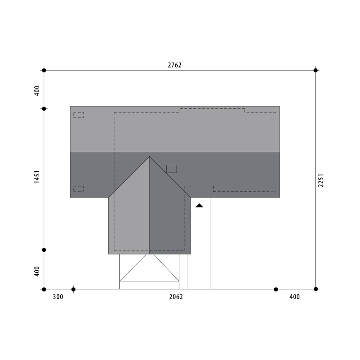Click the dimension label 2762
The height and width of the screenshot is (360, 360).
point(175,65)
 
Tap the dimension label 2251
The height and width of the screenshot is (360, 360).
point(321,180)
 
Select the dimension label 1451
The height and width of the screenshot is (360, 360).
point(37,177)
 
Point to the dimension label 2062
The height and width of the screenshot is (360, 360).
point(176,297)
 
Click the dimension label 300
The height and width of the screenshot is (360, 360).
point(58,297)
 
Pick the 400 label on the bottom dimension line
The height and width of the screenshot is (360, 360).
point(294,297)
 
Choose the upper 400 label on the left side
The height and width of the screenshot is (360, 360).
point(37,91)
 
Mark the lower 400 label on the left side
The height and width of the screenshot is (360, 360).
point(37,272)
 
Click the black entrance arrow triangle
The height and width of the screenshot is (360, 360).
point(199,206)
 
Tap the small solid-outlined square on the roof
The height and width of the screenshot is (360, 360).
point(172,169)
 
